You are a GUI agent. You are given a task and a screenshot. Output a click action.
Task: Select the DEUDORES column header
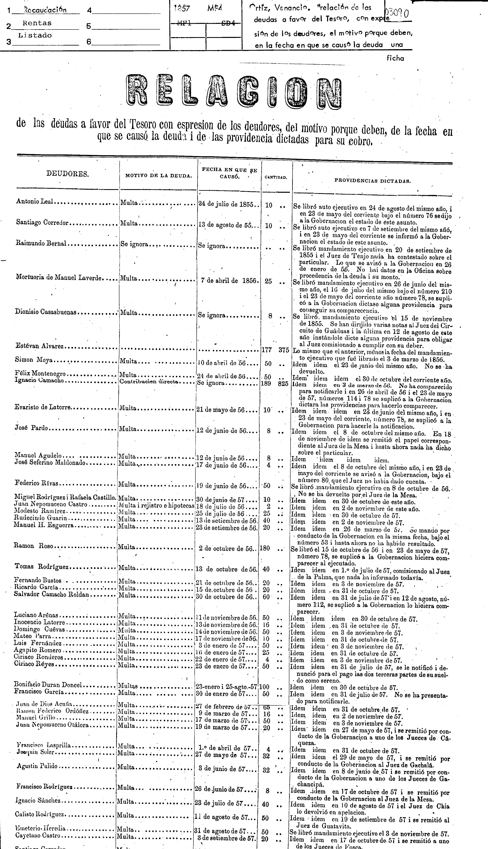click(67, 174)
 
